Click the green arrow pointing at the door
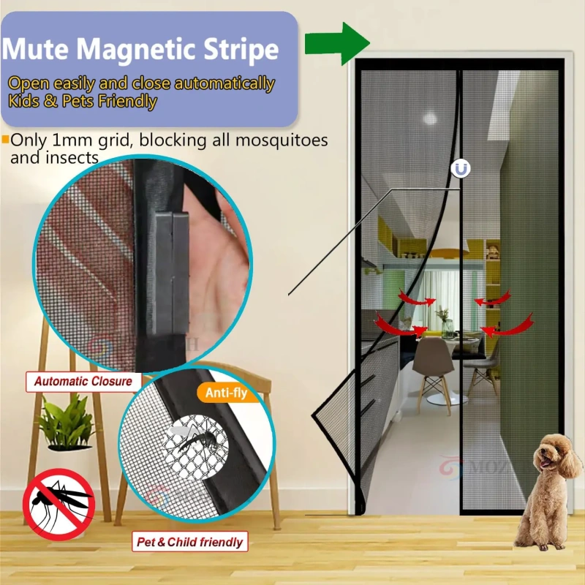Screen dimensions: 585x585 [x=337, y=43]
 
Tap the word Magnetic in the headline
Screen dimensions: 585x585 [x=137, y=50]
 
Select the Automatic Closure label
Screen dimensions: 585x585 [x=83, y=381]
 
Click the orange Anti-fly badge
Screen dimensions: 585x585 [x=227, y=393]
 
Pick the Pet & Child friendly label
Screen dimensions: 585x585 [x=190, y=542]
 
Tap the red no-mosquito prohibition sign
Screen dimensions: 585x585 [x=58, y=504]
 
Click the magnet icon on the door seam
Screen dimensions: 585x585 [x=461, y=169]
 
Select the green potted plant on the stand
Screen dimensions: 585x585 [x=67, y=423]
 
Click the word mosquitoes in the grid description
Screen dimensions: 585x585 [x=282, y=140]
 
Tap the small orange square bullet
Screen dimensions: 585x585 [x=5, y=139]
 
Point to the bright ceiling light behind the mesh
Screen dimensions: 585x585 [x=430, y=118]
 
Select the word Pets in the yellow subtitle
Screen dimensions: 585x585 [x=72, y=102]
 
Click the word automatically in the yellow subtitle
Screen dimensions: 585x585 [x=224, y=84]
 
